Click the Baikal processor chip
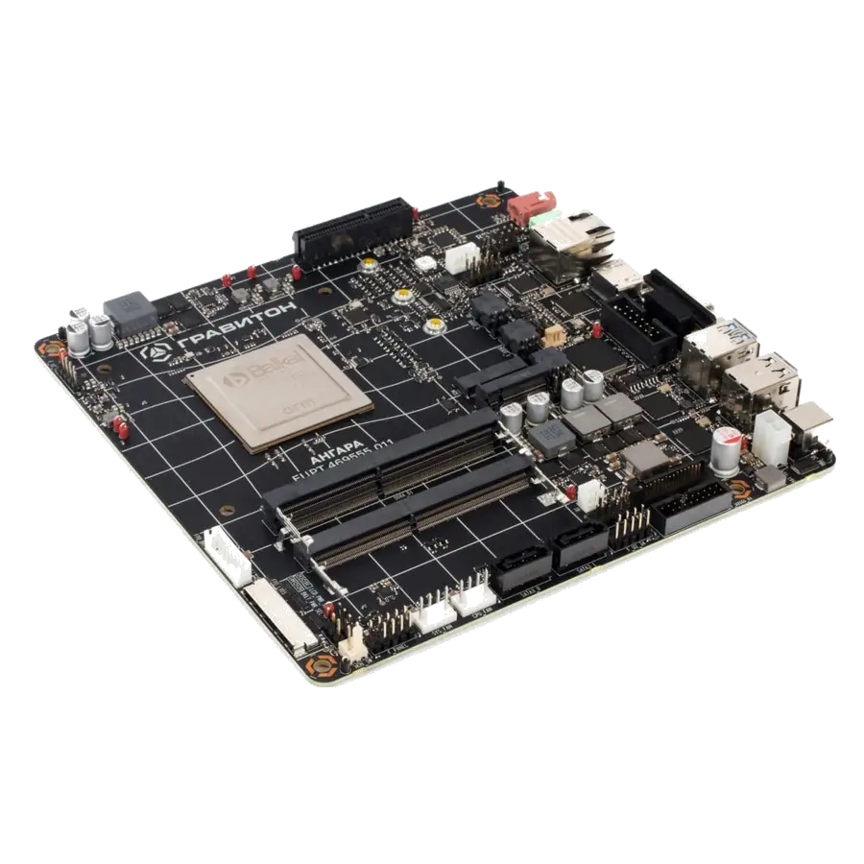277,392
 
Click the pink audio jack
534,205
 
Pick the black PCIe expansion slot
352,231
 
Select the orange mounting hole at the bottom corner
322,663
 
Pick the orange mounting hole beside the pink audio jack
489,201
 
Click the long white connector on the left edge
279,615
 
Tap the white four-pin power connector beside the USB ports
770,439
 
